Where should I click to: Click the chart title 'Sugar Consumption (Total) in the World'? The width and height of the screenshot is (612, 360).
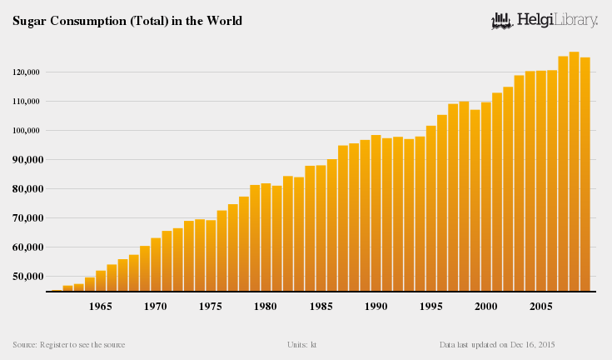coord(127,21)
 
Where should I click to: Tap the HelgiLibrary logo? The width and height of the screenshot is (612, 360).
coord(545,20)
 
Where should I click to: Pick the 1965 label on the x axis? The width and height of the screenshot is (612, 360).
coord(101,307)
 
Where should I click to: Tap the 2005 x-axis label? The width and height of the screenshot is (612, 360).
coord(540,307)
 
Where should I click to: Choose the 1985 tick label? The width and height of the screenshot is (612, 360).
coord(321,307)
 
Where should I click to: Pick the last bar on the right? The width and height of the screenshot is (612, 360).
coord(585,174)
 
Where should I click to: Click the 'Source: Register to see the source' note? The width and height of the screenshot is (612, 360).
coord(69,344)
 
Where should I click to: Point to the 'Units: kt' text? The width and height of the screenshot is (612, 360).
coord(302,344)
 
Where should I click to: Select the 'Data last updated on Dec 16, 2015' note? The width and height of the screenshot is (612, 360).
coord(497,344)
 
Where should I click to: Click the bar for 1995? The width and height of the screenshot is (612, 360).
coord(430,208)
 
